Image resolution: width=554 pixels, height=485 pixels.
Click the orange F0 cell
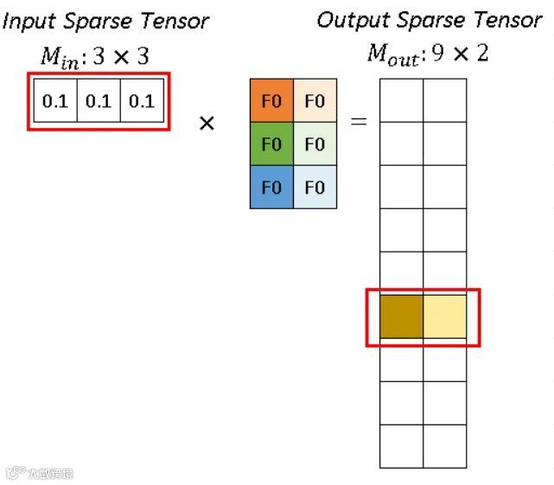[271, 101]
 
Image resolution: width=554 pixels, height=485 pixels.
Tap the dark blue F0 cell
[271, 187]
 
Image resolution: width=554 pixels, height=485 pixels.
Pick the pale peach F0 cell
[315, 101]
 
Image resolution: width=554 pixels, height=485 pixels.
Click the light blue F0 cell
[315, 187]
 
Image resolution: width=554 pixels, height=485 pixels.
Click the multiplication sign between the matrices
[207, 123]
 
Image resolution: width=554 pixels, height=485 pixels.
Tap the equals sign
[358, 122]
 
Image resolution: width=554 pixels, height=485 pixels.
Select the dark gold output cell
[402, 316]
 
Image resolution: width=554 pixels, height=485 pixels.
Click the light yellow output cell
[445, 316]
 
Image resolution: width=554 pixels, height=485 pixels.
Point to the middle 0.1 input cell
[99, 101]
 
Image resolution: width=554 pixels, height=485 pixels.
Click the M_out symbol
[392, 54]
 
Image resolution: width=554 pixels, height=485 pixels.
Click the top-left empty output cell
[402, 100]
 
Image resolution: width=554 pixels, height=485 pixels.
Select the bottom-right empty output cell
[445, 446]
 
